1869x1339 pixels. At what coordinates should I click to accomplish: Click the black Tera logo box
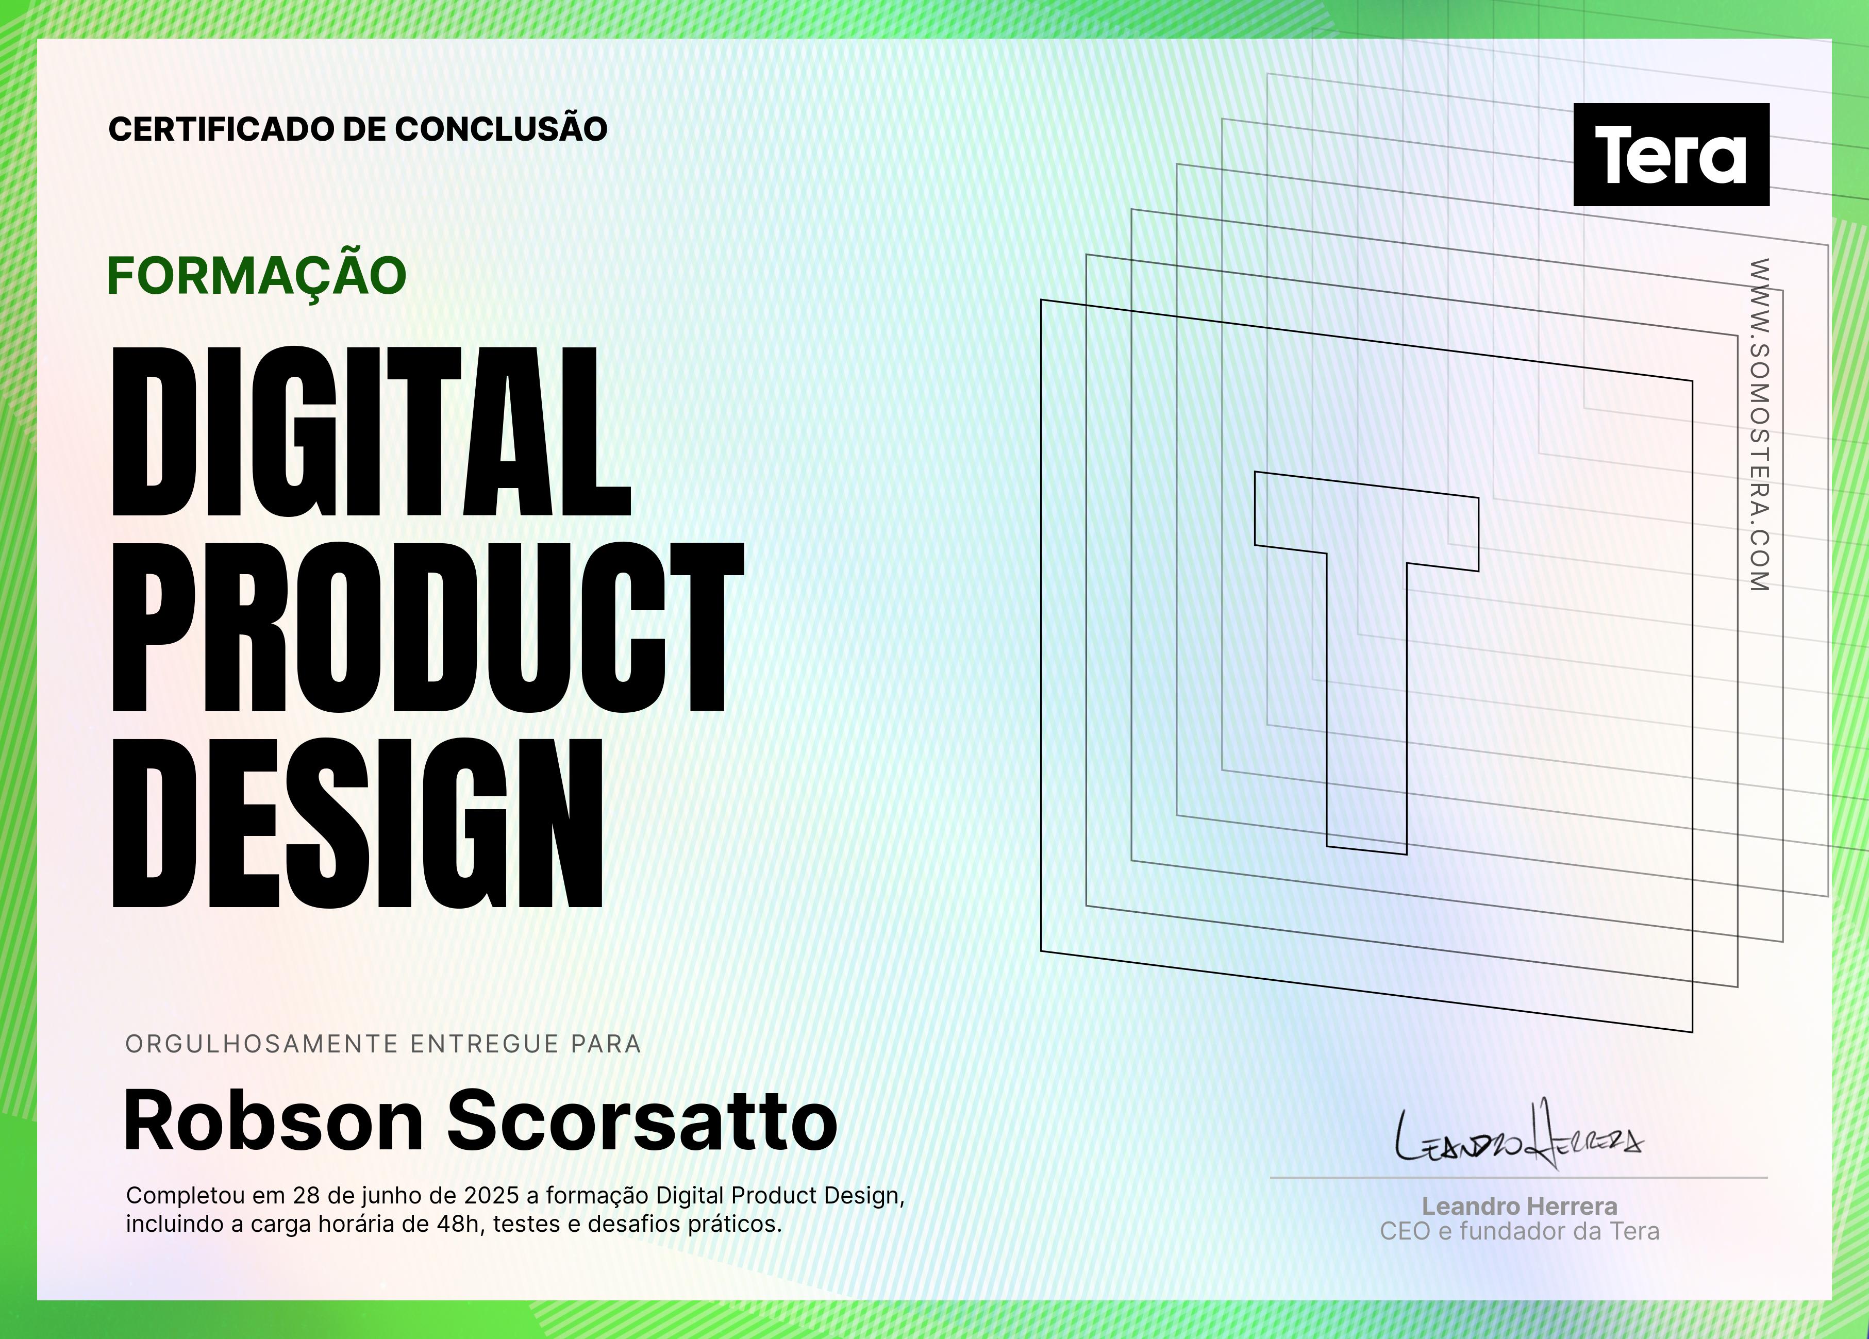pyautogui.click(x=1671, y=154)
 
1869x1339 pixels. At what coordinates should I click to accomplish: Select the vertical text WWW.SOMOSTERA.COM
pyautogui.click(x=1759, y=424)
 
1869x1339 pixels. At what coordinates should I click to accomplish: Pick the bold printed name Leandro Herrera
pyautogui.click(x=1520, y=1207)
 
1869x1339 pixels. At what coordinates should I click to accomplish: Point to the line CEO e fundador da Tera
pyautogui.click(x=1520, y=1231)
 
